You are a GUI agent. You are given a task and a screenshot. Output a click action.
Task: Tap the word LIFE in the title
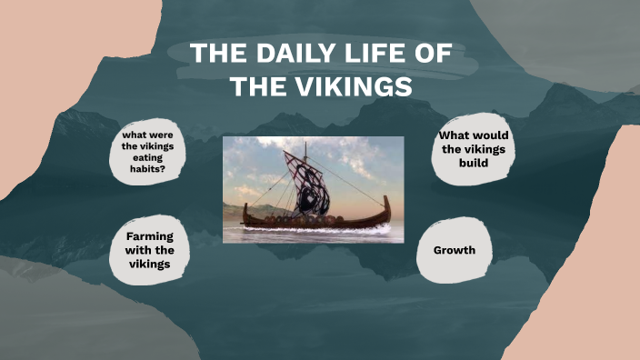pyautogui.click(x=385, y=54)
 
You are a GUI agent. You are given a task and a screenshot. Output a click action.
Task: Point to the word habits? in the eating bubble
pyautogui.click(x=147, y=168)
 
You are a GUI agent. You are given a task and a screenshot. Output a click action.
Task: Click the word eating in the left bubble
pyautogui.click(x=147, y=157)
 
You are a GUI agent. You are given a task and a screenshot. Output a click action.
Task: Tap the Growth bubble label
pyautogui.click(x=455, y=249)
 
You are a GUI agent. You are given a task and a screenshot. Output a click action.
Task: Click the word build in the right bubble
pyautogui.click(x=474, y=163)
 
